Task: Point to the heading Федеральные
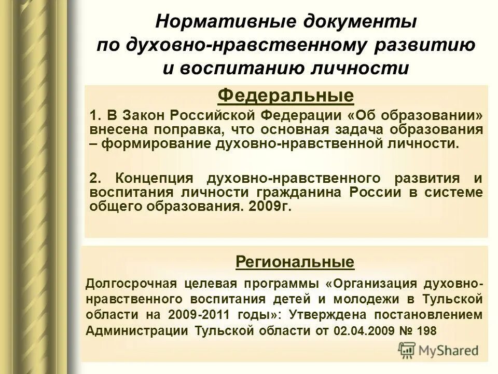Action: [x=286, y=96]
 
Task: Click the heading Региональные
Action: [x=295, y=261]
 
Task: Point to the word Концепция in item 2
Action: [x=154, y=179]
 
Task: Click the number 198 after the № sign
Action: [x=426, y=330]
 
